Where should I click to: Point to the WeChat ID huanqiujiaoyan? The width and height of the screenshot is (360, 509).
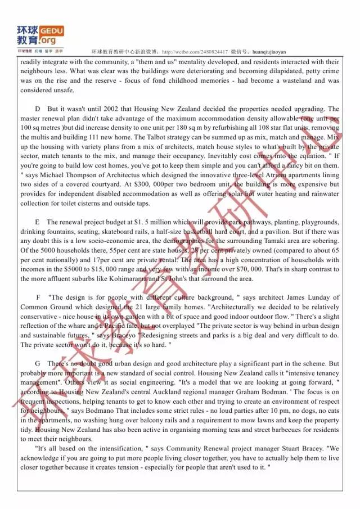click(x=269, y=51)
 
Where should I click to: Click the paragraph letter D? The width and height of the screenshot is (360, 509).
click(x=38, y=109)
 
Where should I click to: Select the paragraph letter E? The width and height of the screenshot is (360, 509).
click(x=38, y=223)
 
